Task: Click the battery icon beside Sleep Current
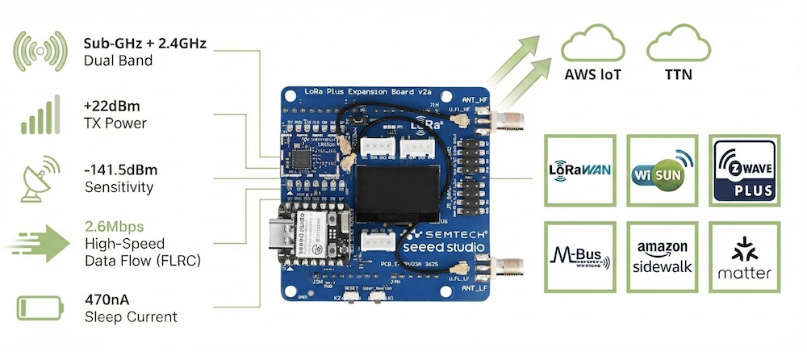(x=38, y=307)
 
